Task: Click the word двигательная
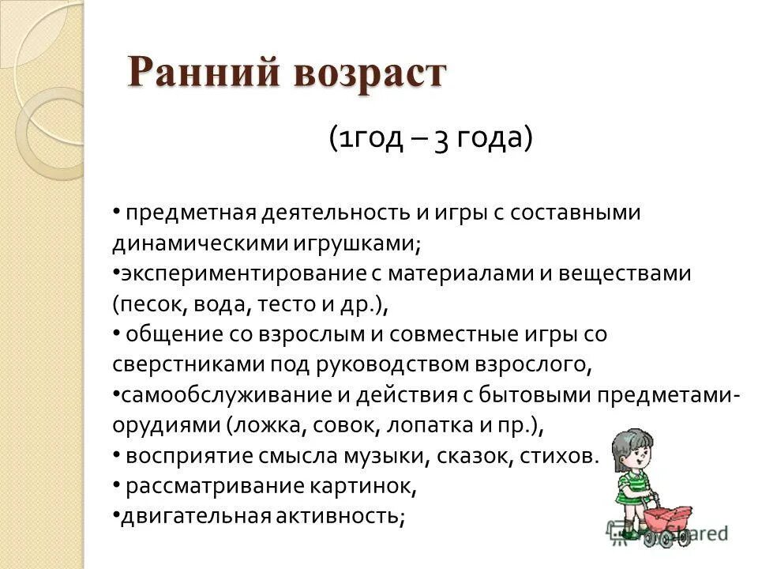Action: click(182, 516)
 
